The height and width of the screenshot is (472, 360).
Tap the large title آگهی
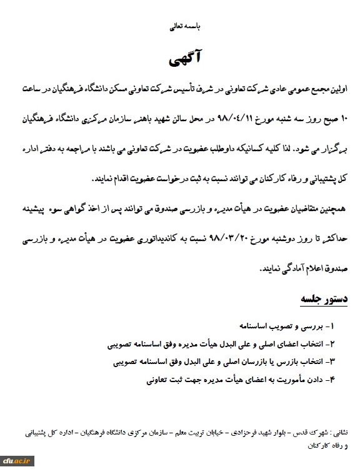(x=181, y=61)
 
